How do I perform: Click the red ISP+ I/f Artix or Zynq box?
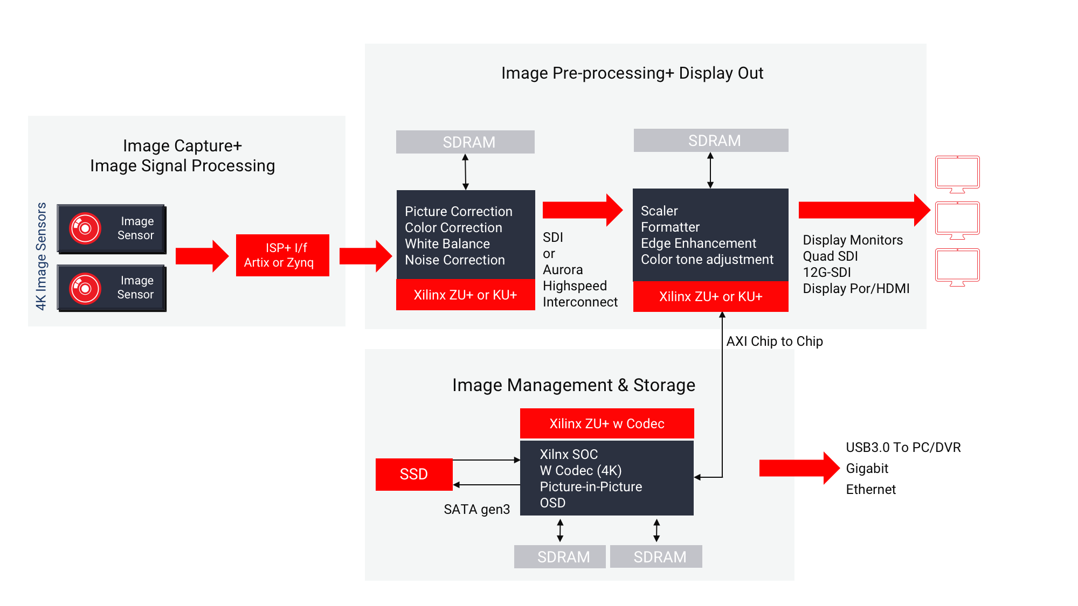pos(282,255)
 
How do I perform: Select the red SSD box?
pos(414,474)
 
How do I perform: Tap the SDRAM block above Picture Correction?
pos(465,142)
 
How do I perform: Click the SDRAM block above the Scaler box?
pos(711,141)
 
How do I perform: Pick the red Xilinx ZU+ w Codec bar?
pos(607,423)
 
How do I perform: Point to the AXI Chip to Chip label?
pos(775,342)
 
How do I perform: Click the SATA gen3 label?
pos(476,510)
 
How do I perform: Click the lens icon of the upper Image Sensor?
pos(85,228)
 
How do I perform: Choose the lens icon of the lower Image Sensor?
pos(85,288)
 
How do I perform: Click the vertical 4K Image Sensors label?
pos(42,256)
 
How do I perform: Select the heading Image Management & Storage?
pos(573,385)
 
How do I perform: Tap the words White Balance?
pos(447,244)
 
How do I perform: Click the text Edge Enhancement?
pos(699,243)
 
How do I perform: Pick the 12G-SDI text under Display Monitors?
pos(827,273)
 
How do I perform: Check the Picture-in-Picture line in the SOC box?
pos(591,487)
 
